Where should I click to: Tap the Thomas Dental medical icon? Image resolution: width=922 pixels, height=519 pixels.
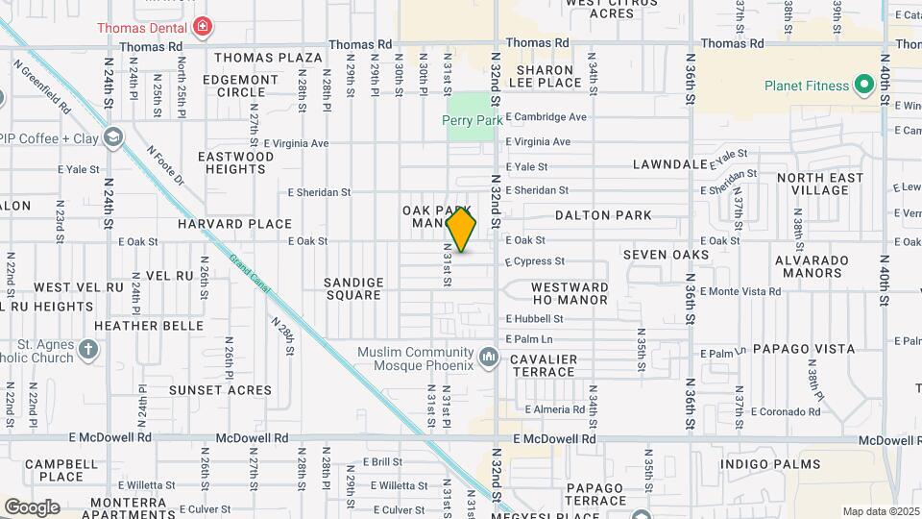pos(202,26)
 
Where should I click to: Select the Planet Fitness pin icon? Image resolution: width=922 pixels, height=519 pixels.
pos(863,86)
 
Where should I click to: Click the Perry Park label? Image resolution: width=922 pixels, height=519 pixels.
pos(473,120)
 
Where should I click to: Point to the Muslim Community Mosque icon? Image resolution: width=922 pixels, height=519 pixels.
pos(490,358)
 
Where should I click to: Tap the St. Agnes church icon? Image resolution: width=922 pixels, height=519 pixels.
pos(88,349)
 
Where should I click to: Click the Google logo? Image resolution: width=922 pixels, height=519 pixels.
pos(32,507)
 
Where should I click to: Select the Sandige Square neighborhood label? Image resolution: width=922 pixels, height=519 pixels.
pos(353,288)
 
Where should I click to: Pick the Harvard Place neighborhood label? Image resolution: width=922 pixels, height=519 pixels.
pos(234,224)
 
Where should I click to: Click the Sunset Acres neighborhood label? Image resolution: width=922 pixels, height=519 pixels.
pos(221,389)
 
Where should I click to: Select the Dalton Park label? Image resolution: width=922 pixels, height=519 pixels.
pos(603,215)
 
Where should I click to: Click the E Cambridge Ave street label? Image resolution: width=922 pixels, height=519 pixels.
pos(546,117)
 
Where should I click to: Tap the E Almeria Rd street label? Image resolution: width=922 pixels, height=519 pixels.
pos(554,409)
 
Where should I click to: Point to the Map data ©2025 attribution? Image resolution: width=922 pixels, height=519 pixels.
pos(881,511)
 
